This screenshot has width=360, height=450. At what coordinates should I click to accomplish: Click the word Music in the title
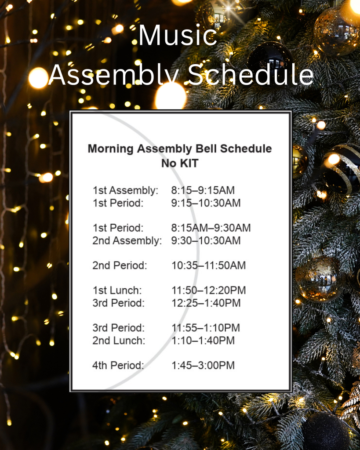pyautogui.click(x=178, y=36)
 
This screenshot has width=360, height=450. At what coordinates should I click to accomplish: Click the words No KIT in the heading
pyautogui.click(x=179, y=163)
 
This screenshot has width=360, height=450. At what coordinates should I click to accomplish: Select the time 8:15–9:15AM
pyautogui.click(x=203, y=190)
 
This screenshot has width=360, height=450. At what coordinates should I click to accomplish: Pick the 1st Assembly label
pyautogui.click(x=125, y=190)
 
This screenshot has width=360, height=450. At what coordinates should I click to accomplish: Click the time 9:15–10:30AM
pyautogui.click(x=206, y=203)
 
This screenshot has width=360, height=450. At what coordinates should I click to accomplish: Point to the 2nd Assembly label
pyautogui.click(x=127, y=240)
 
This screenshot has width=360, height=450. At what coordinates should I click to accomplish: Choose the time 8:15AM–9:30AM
pyautogui.click(x=211, y=228)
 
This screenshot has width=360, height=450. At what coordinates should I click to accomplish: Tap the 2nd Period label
pyautogui.click(x=120, y=265)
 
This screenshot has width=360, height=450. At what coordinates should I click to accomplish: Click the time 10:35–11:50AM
pyautogui.click(x=208, y=265)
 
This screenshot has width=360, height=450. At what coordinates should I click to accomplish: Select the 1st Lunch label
pyautogui.click(x=117, y=290)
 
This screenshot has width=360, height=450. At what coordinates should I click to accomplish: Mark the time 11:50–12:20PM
pyautogui.click(x=208, y=290)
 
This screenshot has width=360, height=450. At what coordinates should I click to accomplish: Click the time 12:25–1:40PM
pyautogui.click(x=206, y=303)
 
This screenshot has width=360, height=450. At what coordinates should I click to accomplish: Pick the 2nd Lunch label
pyautogui.click(x=118, y=341)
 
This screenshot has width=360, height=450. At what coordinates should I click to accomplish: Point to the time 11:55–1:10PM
pyautogui.click(x=205, y=328)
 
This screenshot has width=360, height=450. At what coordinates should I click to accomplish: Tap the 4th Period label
pyautogui.click(x=118, y=365)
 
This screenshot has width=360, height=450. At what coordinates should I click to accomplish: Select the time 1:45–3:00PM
pyautogui.click(x=203, y=365)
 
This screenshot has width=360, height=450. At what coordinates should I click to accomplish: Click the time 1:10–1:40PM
pyautogui.click(x=203, y=341)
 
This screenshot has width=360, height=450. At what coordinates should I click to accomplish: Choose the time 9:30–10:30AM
pyautogui.click(x=206, y=240)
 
